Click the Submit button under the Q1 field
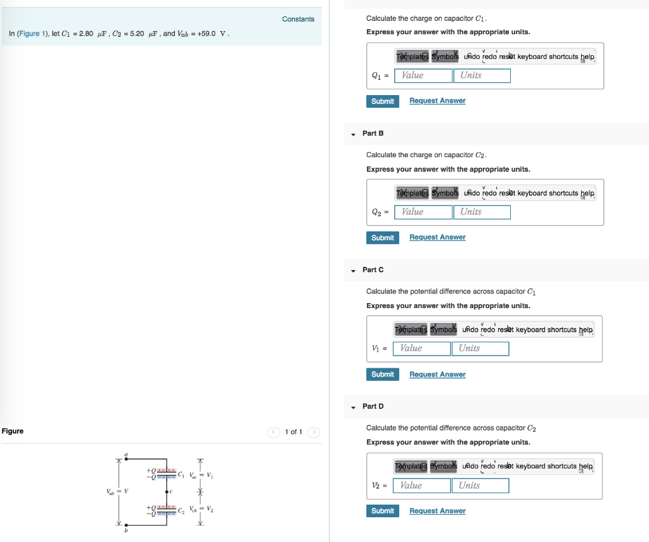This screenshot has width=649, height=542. [382, 101]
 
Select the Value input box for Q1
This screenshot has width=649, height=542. [423, 75]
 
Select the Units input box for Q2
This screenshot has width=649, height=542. [482, 212]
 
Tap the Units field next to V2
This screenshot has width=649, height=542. [480, 486]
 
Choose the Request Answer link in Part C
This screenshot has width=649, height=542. [437, 375]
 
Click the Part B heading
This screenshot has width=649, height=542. [373, 134]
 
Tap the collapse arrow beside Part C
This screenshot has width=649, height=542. [353, 271]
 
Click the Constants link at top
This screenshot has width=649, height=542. [298, 19]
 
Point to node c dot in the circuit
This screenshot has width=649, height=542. [167, 491]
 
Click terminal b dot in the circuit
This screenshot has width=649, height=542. [126, 524]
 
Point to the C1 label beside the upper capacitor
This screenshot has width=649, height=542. [182, 474]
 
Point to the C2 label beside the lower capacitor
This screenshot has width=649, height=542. [182, 509]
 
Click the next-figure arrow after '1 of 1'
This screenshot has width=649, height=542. [314, 432]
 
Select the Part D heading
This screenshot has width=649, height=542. [373, 406]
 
